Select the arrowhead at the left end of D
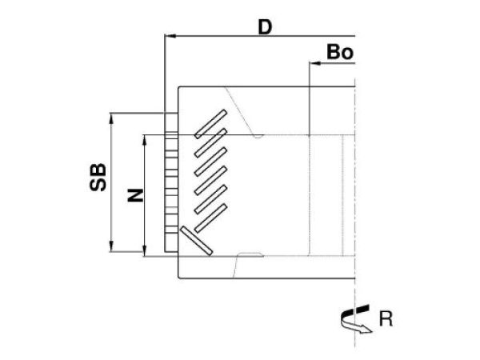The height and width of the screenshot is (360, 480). (169, 37)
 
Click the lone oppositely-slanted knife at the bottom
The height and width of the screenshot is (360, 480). (195, 240)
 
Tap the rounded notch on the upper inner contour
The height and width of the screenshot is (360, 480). (257, 135)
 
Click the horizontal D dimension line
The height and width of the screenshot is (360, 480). (256, 37)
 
